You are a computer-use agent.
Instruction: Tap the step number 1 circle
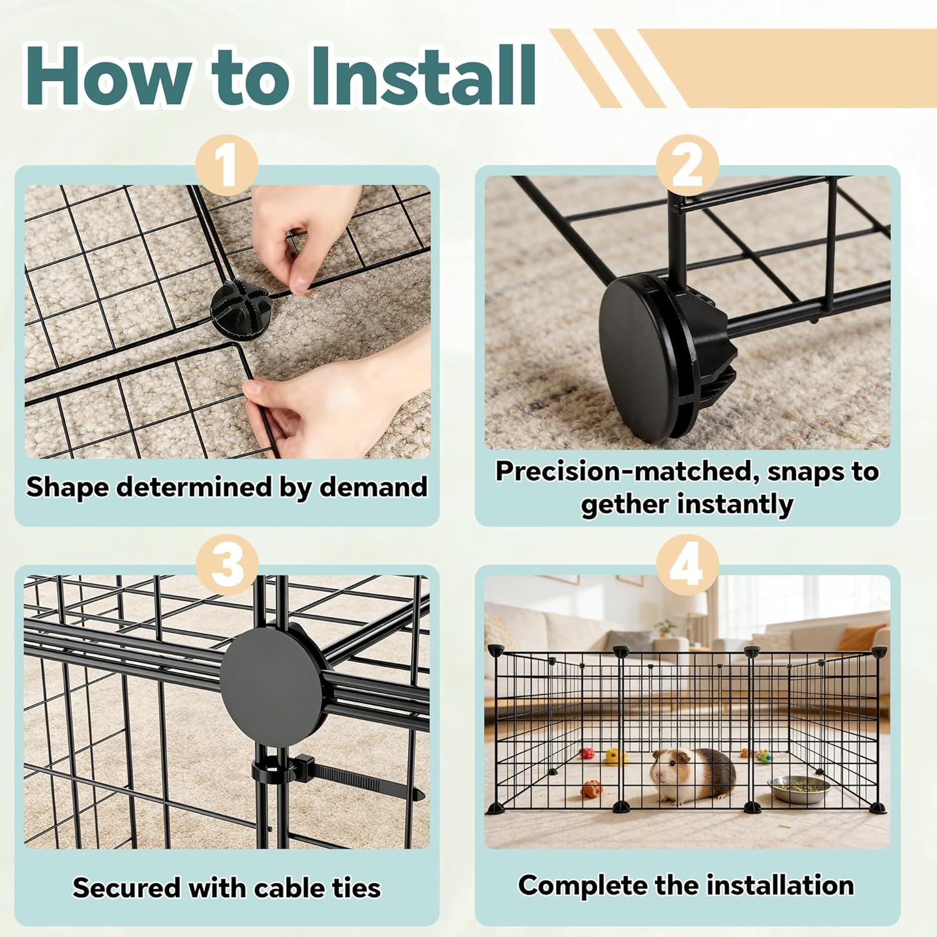tap(227, 166)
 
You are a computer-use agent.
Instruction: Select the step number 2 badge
tap(687, 166)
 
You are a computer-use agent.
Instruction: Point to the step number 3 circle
tap(227, 566)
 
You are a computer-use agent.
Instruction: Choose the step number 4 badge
tap(687, 566)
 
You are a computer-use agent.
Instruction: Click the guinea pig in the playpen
tap(693, 776)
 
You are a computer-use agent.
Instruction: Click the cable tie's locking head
tap(304, 765)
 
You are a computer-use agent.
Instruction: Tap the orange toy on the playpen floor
tap(592, 788)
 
